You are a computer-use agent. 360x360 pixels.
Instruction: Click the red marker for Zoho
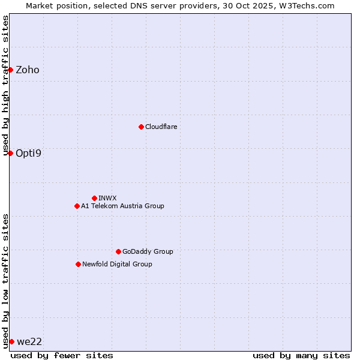(x=10, y=70)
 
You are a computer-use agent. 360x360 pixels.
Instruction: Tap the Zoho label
(x=28, y=70)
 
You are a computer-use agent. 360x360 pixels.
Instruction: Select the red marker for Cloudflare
(x=141, y=127)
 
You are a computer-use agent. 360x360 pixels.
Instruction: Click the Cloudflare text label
(x=161, y=127)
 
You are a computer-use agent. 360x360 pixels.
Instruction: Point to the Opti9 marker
(x=10, y=153)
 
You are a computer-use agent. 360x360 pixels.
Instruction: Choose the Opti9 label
(x=28, y=153)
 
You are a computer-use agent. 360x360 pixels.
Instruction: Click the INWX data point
(x=94, y=198)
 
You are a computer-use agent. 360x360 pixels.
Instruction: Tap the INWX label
(x=107, y=198)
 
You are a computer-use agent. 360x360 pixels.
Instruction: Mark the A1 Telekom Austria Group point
(x=77, y=206)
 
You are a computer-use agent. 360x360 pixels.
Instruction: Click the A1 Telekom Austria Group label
(x=122, y=206)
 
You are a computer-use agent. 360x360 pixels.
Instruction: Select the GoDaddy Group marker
(x=118, y=251)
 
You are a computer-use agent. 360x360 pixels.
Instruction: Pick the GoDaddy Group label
(x=148, y=252)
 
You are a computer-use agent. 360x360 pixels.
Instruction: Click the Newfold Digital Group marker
(x=78, y=264)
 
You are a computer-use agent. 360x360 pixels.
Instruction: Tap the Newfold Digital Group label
(x=117, y=265)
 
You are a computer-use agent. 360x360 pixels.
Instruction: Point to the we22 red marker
(x=11, y=341)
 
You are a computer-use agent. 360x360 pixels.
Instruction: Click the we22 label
(x=29, y=342)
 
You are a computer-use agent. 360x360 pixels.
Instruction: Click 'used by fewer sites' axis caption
(x=62, y=355)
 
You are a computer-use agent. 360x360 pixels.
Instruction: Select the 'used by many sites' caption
(x=301, y=355)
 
